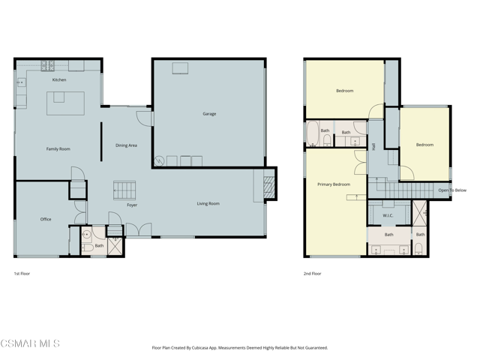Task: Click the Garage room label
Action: (x=209, y=114)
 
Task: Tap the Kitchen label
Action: (x=59, y=80)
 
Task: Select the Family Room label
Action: (x=58, y=149)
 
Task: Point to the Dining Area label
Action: (x=126, y=145)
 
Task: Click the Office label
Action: (x=46, y=219)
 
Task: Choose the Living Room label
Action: (x=208, y=203)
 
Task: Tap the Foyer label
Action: (x=132, y=205)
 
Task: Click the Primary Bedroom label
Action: (x=334, y=184)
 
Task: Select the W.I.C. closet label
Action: (x=388, y=215)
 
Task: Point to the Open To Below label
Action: (x=452, y=190)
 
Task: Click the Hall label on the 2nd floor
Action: (x=373, y=147)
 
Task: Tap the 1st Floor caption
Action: (x=22, y=274)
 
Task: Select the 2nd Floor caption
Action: (x=312, y=274)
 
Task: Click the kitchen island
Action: (x=65, y=103)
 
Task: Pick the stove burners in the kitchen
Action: (x=47, y=65)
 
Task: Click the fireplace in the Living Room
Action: (x=268, y=187)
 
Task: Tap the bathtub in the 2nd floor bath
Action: (x=313, y=133)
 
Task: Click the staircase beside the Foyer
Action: (x=124, y=190)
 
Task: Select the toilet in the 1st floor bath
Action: (x=88, y=247)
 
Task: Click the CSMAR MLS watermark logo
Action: (x=30, y=343)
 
